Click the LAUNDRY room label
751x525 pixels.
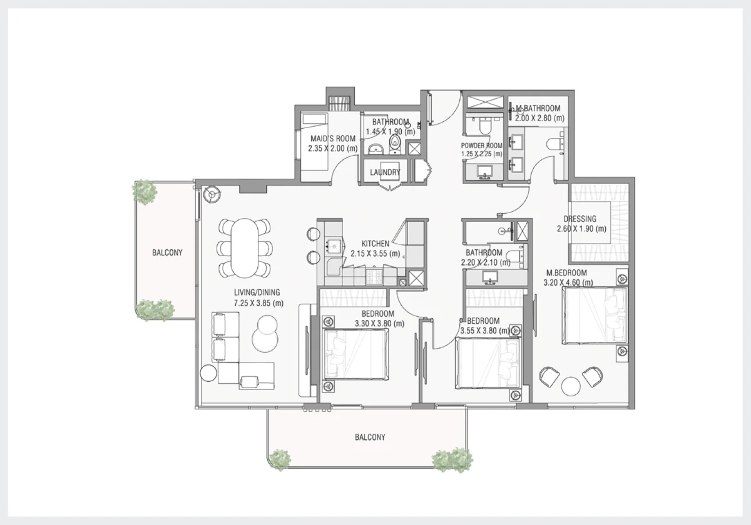click(385, 172)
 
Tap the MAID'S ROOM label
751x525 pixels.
click(332, 139)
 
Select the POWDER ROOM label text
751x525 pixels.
click(481, 146)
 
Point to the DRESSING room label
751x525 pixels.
click(580, 219)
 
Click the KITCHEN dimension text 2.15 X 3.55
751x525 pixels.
click(375, 254)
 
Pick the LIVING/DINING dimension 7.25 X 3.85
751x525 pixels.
click(258, 303)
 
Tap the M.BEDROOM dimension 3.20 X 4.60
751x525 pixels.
click(568, 282)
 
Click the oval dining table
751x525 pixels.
click(245, 247)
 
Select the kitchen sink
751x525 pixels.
click(100, 246)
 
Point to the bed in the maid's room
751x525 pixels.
click(314, 119)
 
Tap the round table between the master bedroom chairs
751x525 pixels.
click(571, 386)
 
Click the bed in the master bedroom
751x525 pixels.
click(595, 316)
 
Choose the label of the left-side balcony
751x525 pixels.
click(167, 252)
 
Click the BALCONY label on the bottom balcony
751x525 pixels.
click(370, 437)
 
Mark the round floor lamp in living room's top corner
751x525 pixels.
click(212, 194)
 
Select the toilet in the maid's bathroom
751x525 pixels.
click(396, 144)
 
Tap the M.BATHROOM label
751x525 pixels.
click(538, 109)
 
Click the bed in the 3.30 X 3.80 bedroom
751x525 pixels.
click(355, 354)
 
